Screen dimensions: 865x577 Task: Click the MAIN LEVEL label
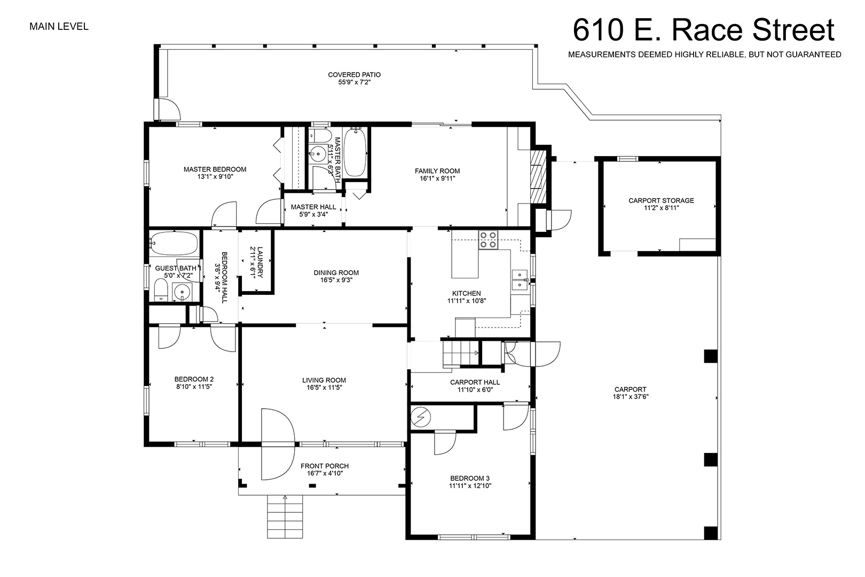[59, 27]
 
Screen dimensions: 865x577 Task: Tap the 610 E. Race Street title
[704, 30]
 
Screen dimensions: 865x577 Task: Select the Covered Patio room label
[354, 75]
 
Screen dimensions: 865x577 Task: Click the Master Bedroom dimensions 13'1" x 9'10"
[216, 177]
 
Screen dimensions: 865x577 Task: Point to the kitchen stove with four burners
[488, 240]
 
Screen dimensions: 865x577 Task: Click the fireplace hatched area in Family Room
[538, 176]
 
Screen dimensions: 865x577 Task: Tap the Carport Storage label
[661, 200]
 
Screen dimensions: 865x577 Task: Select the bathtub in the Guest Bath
[174, 244]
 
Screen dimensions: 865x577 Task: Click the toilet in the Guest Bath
[161, 290]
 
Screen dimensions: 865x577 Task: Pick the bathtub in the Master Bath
[355, 153]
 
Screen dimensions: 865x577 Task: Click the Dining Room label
[336, 272]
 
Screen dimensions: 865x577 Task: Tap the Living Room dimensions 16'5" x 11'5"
[325, 388]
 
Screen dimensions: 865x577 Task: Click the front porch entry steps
[285, 517]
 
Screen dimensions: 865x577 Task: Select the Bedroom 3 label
[470, 479]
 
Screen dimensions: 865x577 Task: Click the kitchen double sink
[520, 280]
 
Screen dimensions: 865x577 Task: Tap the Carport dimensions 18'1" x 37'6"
[630, 396]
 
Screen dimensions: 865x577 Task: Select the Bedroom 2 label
[194, 379]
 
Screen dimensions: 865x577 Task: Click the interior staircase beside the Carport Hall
[461, 353]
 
